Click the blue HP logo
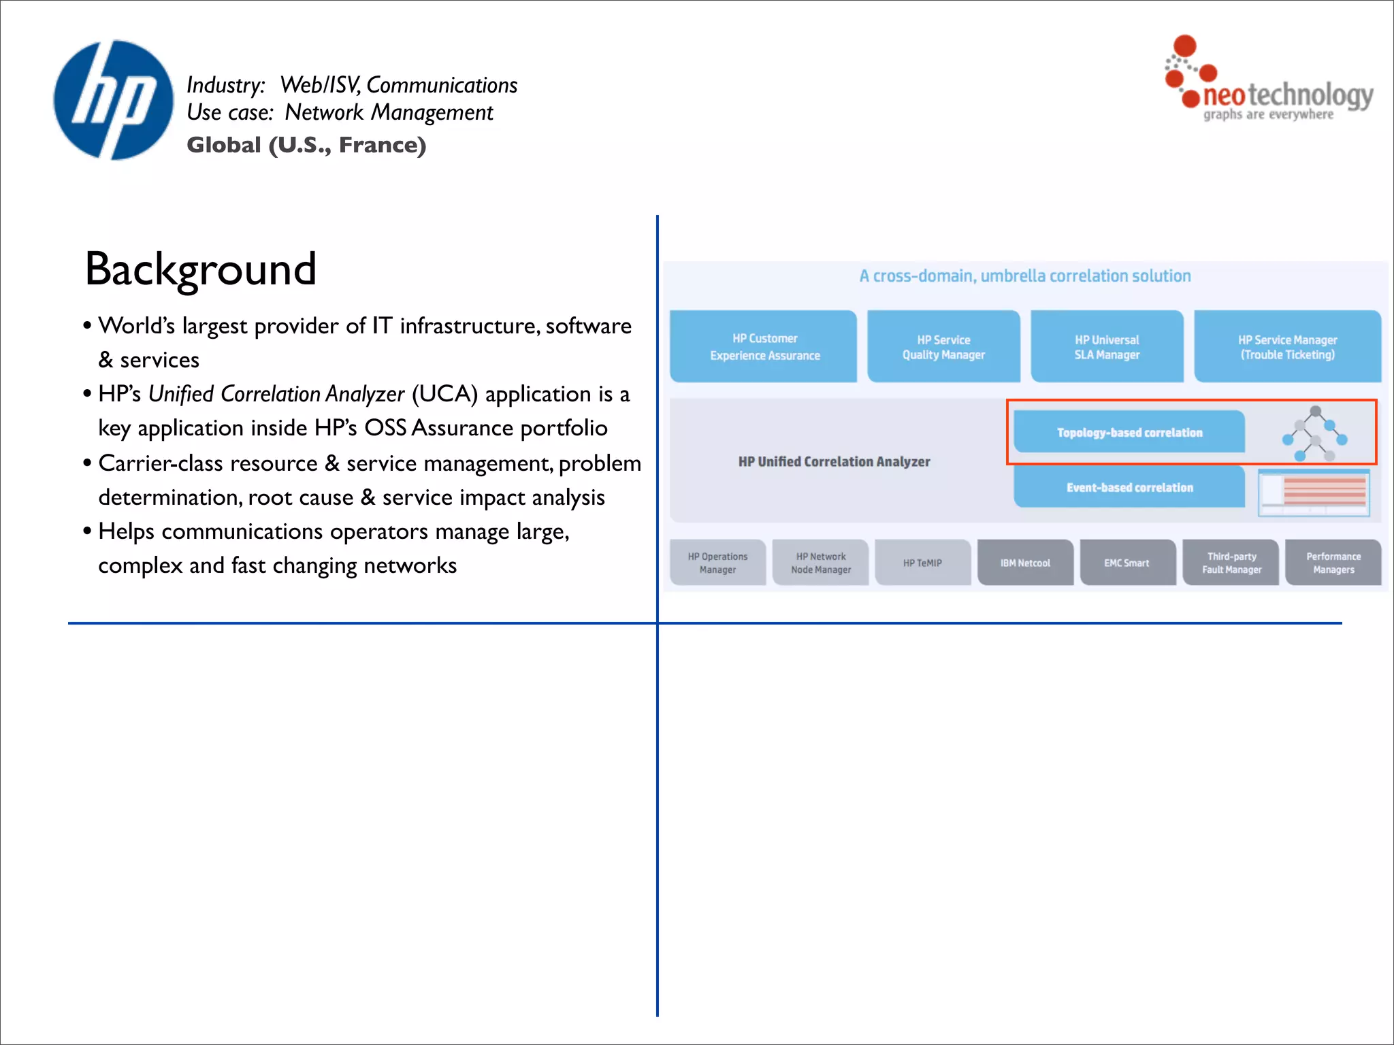pos(114,100)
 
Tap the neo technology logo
pos(1269,80)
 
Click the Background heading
pos(201,269)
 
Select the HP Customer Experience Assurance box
pos(764,346)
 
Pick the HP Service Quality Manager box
pos(943,346)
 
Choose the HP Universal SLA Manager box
pos(1107,346)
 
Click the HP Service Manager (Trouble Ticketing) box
pos(1287,346)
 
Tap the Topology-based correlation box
pos(1129,432)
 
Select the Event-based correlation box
pos(1129,487)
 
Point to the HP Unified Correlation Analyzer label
pos(834,461)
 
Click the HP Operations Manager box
pos(717,563)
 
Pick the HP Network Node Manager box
pos(821,563)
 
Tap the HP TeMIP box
pos(922,563)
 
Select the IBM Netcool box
pos(1025,563)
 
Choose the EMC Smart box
pos(1127,563)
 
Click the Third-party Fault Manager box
pos(1231,563)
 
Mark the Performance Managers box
pos(1333,563)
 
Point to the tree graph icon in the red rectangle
pos(1315,433)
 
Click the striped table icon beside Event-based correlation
pos(1314,493)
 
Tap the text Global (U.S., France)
pos(306,145)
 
